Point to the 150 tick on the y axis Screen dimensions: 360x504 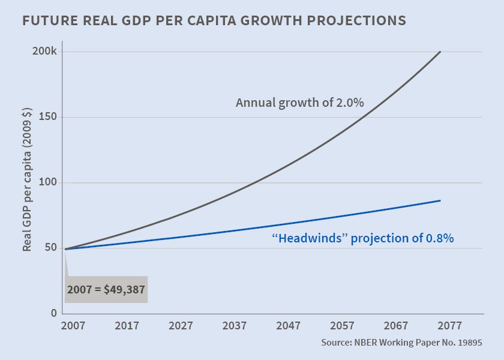point(48,117)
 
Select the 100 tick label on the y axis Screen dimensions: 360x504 point(48,182)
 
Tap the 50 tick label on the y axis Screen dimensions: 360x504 point(50,248)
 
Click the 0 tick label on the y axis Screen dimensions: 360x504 point(53,313)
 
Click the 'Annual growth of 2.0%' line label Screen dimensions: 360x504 point(299,103)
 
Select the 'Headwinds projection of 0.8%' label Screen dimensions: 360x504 point(362,238)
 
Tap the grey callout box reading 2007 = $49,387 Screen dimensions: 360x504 point(106,289)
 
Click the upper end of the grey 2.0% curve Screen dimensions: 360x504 point(440,52)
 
